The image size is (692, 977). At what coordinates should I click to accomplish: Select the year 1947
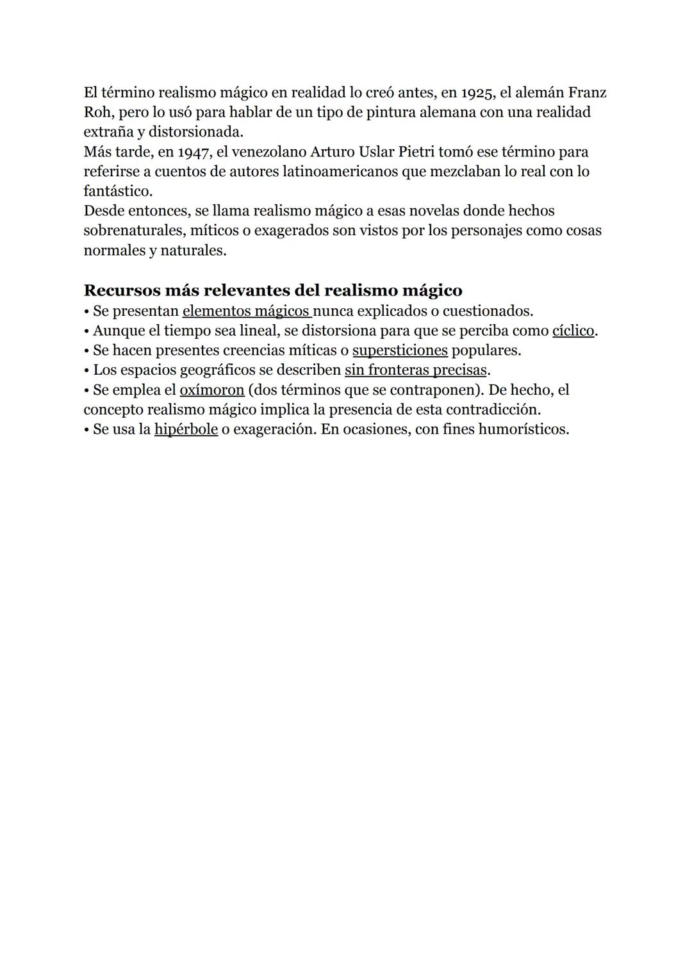(x=193, y=152)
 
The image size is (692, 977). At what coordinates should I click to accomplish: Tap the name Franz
(x=587, y=93)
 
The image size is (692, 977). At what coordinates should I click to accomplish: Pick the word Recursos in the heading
(x=120, y=290)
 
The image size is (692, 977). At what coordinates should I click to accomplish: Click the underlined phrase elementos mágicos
(x=246, y=311)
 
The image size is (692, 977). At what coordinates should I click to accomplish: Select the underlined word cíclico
(x=573, y=331)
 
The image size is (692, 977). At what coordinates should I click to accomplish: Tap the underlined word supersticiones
(x=400, y=351)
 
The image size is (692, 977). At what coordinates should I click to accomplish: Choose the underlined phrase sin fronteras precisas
(x=416, y=370)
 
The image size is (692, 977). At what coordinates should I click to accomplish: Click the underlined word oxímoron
(x=212, y=390)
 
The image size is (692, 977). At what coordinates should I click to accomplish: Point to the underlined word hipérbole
(x=186, y=429)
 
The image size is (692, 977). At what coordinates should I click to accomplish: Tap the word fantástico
(x=117, y=192)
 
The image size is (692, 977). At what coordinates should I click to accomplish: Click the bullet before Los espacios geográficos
(x=87, y=371)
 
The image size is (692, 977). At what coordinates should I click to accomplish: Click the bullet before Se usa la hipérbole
(x=87, y=430)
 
